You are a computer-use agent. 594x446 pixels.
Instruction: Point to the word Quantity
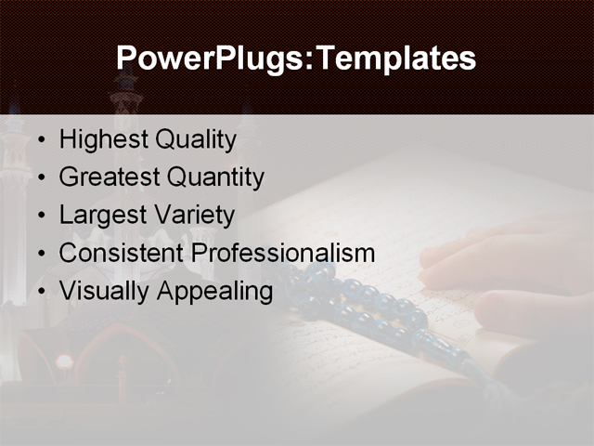pos(215,177)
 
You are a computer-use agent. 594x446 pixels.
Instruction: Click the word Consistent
pos(121,253)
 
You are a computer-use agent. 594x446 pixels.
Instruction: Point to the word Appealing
pos(214,291)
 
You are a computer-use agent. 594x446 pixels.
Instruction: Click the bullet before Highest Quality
pos(41,141)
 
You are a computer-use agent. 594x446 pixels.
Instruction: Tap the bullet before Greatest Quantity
pos(41,178)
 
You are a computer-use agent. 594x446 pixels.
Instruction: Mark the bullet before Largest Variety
pos(41,216)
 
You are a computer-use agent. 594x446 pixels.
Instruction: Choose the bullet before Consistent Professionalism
pos(41,254)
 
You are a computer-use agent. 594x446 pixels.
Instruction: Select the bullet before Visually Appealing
pos(41,292)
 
